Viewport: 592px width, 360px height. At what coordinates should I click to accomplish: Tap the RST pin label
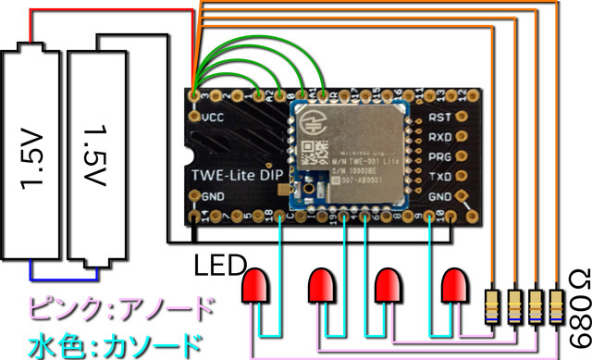pos(441,118)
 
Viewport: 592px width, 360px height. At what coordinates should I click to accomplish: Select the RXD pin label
pos(441,137)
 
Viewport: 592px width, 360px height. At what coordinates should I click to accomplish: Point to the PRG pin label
pos(441,156)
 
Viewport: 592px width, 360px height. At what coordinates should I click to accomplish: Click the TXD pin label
pos(441,176)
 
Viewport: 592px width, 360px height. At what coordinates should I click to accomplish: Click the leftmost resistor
pos(496,305)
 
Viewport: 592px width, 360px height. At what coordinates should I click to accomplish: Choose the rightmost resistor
pos(557,305)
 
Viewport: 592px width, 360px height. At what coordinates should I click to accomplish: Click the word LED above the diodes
pos(218,267)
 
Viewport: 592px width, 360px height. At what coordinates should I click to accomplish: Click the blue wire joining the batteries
pos(64,275)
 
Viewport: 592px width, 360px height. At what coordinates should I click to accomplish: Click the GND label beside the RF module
pos(441,196)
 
